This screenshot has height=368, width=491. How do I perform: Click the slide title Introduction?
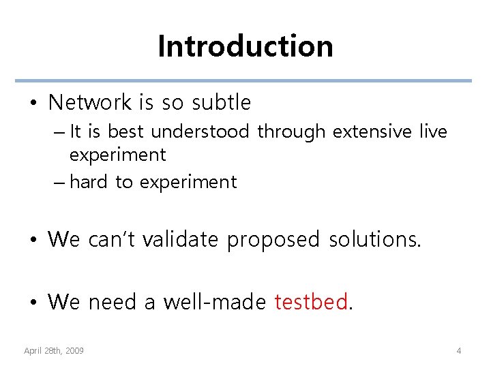coord(245,46)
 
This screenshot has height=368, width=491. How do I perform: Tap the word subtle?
coord(221,103)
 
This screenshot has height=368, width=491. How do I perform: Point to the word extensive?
coord(372,132)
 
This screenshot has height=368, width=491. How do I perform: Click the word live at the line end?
coord(433,132)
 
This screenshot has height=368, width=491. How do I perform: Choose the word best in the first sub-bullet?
coord(126,132)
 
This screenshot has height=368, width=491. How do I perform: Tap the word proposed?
coord(273,239)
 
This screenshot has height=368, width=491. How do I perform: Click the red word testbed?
coord(312,302)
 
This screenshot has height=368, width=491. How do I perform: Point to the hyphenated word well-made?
coord(214,302)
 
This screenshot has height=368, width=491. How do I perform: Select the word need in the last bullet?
coord(113,302)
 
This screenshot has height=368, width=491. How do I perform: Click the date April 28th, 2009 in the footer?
coord(54,350)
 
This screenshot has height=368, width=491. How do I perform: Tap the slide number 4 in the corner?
coord(459,350)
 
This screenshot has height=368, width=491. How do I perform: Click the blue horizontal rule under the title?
coord(245,80)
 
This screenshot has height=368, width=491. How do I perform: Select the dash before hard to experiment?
coord(57,183)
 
